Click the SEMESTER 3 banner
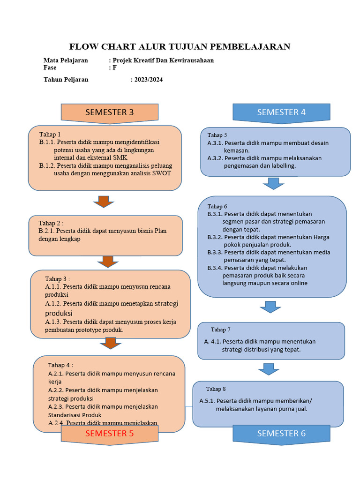pyautogui.click(x=109, y=112)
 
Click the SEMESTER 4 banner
pyautogui.click(x=281, y=112)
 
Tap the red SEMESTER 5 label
pyautogui.click(x=109, y=434)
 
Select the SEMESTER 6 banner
pyautogui.click(x=281, y=434)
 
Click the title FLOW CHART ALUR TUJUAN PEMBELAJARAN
pyautogui.click(x=180, y=46)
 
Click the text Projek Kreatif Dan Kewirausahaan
pyautogui.click(x=163, y=60)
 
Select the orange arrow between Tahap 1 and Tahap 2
pyautogui.click(x=104, y=202)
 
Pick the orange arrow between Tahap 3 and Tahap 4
pyautogui.click(x=111, y=344)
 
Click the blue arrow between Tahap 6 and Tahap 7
pyautogui.click(x=270, y=307)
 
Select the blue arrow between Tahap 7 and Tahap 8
pyautogui.click(x=268, y=369)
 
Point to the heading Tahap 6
pyautogui.click(x=217, y=206)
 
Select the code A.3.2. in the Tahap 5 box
pyautogui.click(x=215, y=158)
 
